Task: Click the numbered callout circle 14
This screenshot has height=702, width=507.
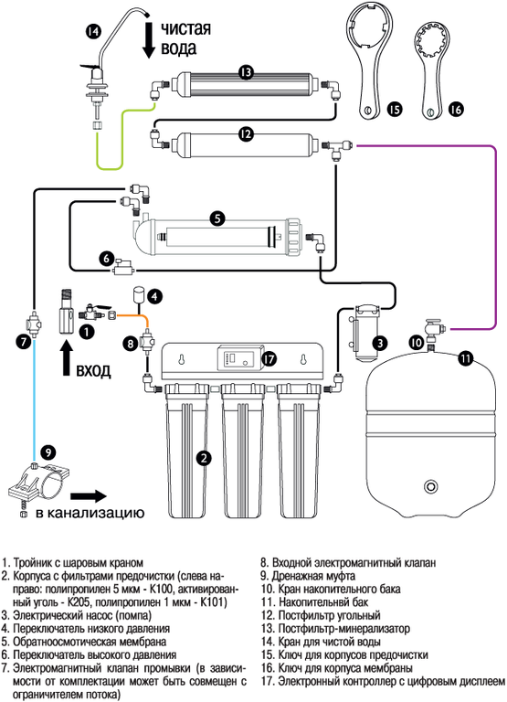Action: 93,31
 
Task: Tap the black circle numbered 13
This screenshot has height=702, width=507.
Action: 246,72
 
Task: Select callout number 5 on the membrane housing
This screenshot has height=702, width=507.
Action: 217,218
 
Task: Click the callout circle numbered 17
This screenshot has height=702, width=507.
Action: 269,358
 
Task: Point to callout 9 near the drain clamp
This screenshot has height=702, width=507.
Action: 48,452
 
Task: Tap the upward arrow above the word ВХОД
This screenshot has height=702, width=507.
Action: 67,356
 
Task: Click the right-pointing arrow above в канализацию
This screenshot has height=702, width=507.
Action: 89,496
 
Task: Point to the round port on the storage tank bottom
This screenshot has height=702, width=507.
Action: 431,485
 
